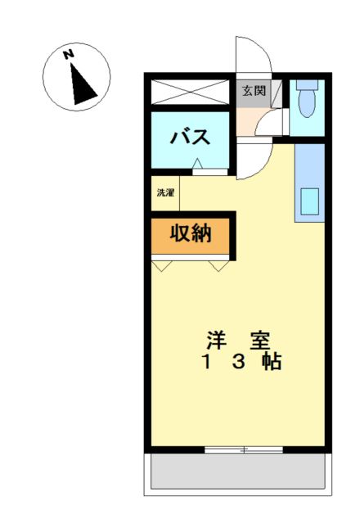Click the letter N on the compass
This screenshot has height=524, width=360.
pos(69,55)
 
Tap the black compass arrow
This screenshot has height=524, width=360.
pos(82,84)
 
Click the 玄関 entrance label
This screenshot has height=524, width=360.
pos(254,91)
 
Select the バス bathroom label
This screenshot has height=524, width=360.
pos(191,137)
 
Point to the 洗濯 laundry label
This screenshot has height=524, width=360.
pos(165,193)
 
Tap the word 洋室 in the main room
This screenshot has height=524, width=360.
pos(238,341)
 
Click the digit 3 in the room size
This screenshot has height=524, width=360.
pos(239,362)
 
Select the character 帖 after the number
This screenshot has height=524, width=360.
pos(272,362)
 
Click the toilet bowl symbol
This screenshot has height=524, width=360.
pos(307,99)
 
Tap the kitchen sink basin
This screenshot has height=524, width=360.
pos(309,201)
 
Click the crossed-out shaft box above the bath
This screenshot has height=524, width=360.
pos(191,92)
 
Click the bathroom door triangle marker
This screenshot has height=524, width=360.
pos(197,164)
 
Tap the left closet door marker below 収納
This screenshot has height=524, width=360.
pos(162,266)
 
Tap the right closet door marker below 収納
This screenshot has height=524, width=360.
pos(219,266)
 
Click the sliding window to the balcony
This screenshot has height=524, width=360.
pos(244,449)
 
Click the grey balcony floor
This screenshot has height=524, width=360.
pos(238,471)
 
